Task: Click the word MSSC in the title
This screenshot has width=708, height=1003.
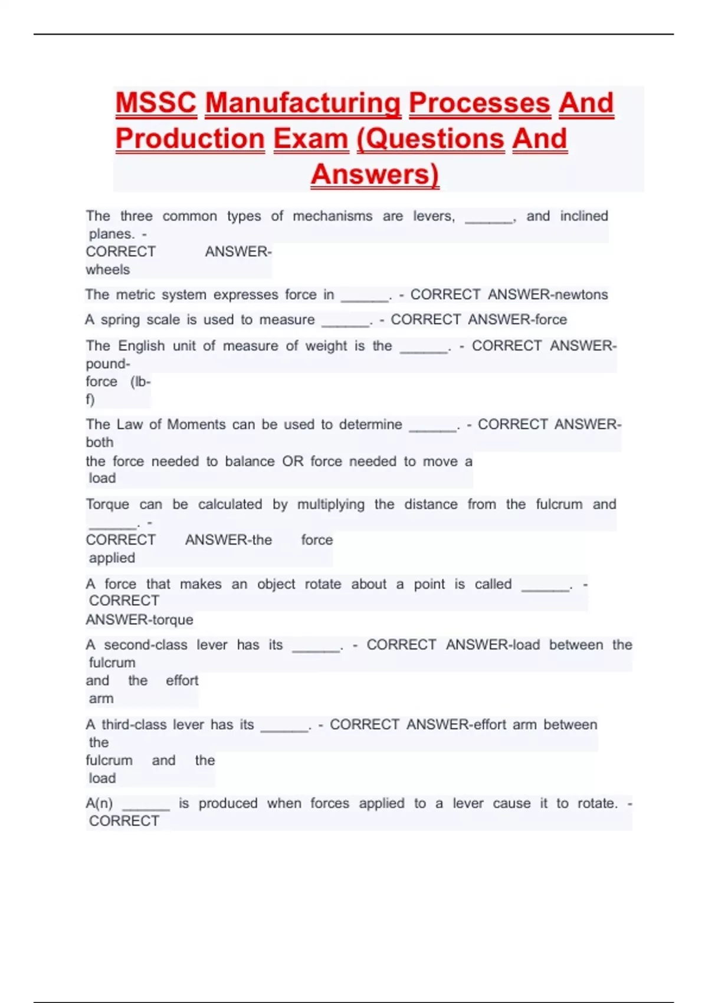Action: pos(156,103)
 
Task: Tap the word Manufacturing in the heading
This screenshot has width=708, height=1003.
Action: pos(303,103)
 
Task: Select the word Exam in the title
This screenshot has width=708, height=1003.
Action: pos(310,139)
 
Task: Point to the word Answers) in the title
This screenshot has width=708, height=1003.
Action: pos(375,174)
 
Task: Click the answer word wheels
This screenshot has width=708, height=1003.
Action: pos(107,270)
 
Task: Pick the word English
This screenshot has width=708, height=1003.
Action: pos(142,346)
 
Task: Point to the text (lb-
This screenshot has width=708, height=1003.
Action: pos(140,382)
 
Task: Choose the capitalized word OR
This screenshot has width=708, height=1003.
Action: pos(293,461)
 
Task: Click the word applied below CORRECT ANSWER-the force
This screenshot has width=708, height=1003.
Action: pos(112,558)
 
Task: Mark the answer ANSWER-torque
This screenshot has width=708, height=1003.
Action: pos(139,619)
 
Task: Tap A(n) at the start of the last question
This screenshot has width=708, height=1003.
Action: pos(99,804)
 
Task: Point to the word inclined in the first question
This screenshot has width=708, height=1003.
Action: pos(584,216)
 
